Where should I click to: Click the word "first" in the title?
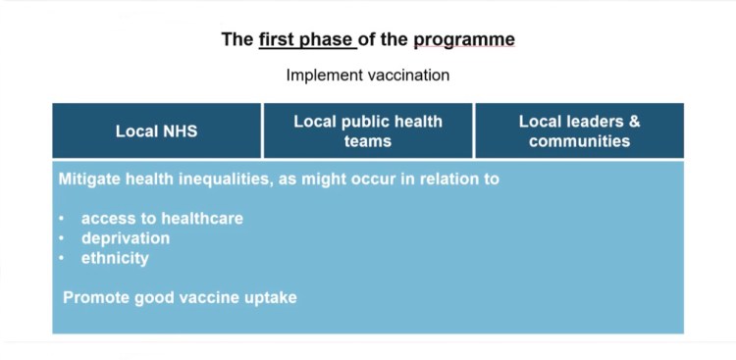click(x=278, y=40)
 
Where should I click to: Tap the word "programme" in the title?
click(x=463, y=40)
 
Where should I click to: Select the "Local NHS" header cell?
click(x=156, y=130)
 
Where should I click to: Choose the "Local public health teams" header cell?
click(x=368, y=130)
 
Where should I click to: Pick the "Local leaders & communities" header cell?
click(x=579, y=130)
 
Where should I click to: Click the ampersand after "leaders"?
click(x=634, y=122)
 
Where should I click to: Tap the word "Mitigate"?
click(x=90, y=180)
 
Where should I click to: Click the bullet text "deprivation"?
click(x=125, y=238)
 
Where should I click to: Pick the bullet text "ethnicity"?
click(x=115, y=258)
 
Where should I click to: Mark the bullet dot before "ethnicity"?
click(x=61, y=258)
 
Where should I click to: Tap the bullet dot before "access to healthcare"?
click(x=61, y=219)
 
